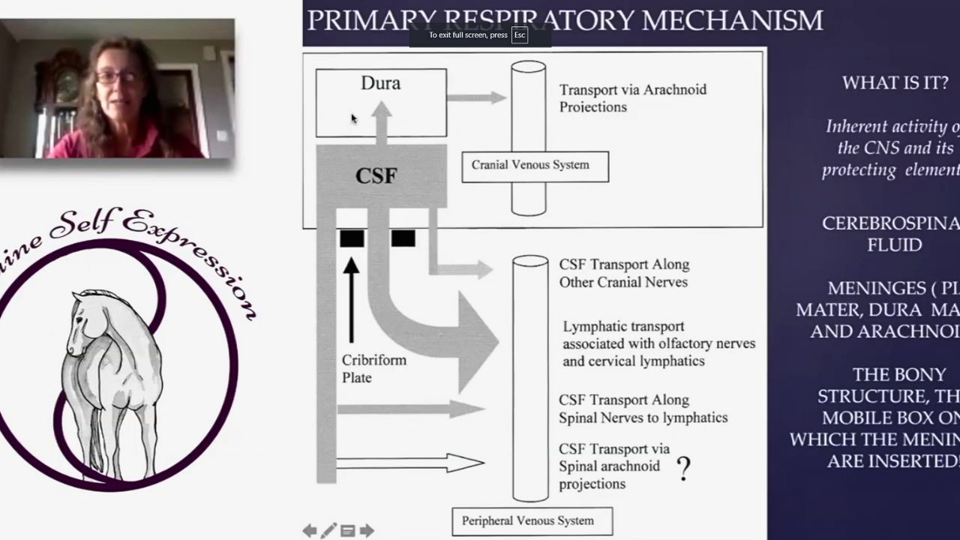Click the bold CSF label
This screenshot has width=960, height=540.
[376, 175]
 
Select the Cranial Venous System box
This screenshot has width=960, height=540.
[535, 166]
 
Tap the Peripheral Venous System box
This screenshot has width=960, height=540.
[532, 521]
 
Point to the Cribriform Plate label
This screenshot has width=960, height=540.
[373, 368]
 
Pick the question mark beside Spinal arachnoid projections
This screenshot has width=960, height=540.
[683, 469]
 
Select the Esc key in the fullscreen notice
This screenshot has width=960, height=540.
[519, 35]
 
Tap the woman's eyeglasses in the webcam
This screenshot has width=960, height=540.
[117, 76]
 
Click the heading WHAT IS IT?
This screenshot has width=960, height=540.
[895, 83]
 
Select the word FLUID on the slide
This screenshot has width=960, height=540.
[894, 244]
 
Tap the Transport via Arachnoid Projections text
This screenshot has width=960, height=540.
[632, 98]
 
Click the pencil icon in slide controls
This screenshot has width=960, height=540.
[328, 531]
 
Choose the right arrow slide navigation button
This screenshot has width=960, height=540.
[367, 531]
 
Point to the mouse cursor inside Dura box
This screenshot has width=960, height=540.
[354, 118]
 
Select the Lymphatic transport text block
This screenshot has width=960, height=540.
[658, 343]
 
